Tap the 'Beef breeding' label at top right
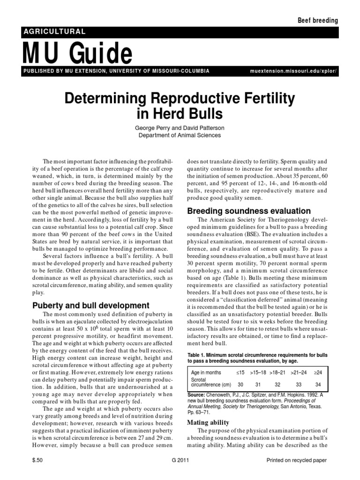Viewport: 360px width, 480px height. point(318,20)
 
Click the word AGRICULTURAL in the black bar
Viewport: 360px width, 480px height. point(54,32)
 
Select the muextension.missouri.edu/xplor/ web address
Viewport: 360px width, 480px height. point(294,71)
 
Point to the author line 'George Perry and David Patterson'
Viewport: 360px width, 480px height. point(180,127)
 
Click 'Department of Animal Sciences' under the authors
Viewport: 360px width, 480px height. point(180,135)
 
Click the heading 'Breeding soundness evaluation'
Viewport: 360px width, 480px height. point(249,211)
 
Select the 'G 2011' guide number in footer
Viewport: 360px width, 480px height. point(180,461)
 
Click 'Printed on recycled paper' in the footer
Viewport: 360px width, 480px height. point(296,461)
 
